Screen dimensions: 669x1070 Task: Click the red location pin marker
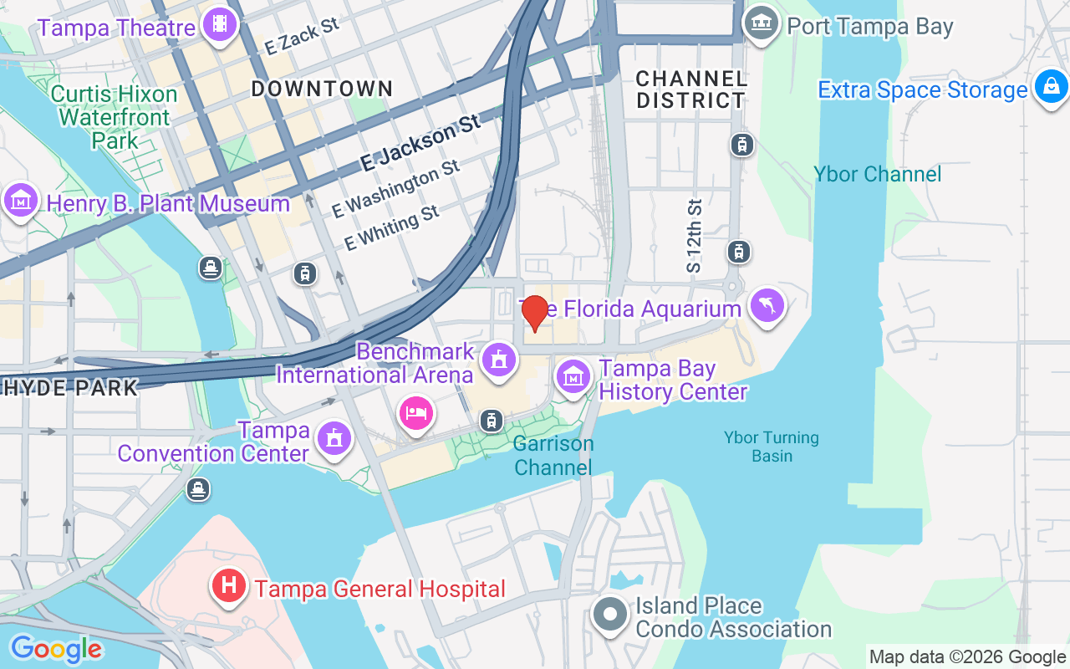tap(534, 313)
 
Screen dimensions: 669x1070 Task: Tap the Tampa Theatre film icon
tap(220, 24)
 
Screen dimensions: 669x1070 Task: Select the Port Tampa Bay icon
tap(761, 23)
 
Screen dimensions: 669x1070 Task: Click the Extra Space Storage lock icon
tap(1050, 86)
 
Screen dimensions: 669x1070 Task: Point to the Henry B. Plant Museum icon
tap(21, 200)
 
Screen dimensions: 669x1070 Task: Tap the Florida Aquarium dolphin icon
tap(767, 305)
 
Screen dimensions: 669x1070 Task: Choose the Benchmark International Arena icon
tap(499, 360)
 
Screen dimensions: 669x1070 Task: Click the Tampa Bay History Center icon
tap(573, 376)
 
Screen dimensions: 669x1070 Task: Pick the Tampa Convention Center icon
tap(334, 437)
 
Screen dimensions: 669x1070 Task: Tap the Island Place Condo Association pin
tap(611, 615)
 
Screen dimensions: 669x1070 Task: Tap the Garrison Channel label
tap(553, 456)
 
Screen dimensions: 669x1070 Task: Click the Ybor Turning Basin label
tap(772, 447)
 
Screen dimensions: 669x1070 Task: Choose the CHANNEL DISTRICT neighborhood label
tap(690, 89)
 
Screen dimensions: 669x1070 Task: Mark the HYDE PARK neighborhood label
tap(70, 388)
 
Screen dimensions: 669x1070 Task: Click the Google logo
tap(55, 649)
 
